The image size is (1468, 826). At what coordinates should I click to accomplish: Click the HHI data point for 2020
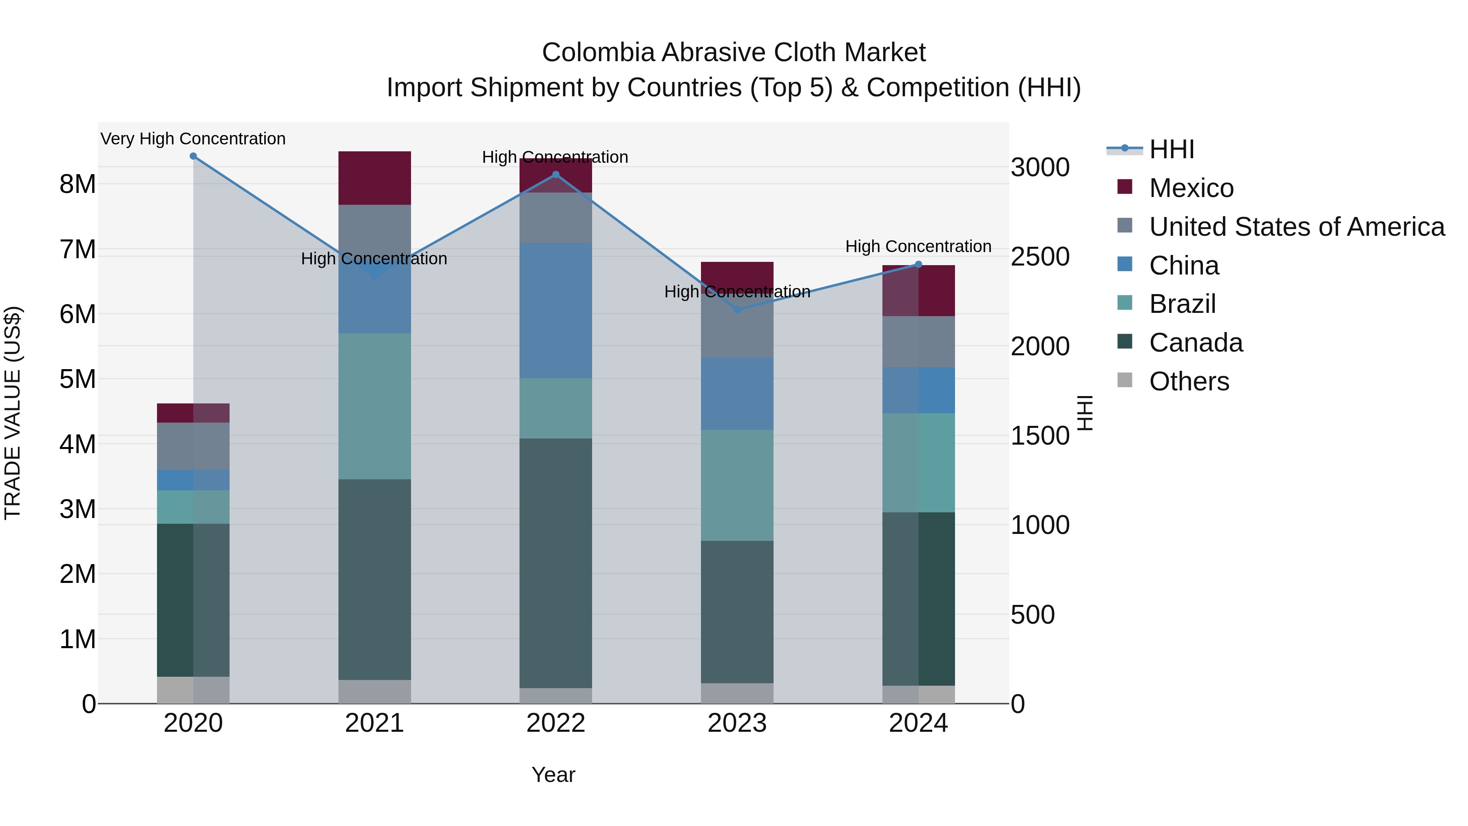pyautogui.click(x=193, y=156)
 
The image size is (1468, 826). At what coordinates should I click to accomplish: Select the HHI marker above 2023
pyautogui.click(x=737, y=310)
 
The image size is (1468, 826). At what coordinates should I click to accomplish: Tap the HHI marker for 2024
pyautogui.click(x=918, y=264)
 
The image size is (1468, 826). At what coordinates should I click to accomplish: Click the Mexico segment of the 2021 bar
pyautogui.click(x=374, y=178)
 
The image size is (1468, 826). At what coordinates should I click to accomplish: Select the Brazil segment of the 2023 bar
pyautogui.click(x=737, y=485)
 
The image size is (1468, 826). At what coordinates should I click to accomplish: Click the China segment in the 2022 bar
pyautogui.click(x=556, y=311)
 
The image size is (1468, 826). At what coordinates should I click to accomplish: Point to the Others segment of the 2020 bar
pyautogui.click(x=193, y=690)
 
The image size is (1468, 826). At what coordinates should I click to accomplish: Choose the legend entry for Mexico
pyautogui.click(x=1191, y=188)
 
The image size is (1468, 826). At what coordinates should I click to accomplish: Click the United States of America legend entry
pyautogui.click(x=1296, y=227)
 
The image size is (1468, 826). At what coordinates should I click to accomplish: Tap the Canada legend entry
pyautogui.click(x=1196, y=343)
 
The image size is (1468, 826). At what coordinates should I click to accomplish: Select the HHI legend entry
pyautogui.click(x=1171, y=149)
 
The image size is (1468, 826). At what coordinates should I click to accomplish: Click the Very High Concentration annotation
pyautogui.click(x=193, y=139)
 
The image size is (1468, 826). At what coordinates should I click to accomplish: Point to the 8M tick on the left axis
pyautogui.click(x=78, y=184)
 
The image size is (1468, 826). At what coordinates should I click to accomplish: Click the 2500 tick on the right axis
pyautogui.click(x=1040, y=257)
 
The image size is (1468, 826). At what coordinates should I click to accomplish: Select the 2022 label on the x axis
pyautogui.click(x=556, y=723)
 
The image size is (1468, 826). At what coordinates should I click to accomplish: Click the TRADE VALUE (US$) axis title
pyautogui.click(x=13, y=413)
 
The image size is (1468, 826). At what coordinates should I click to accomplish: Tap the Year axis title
pyautogui.click(x=553, y=775)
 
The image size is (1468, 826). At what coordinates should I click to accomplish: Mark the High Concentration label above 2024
pyautogui.click(x=918, y=246)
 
